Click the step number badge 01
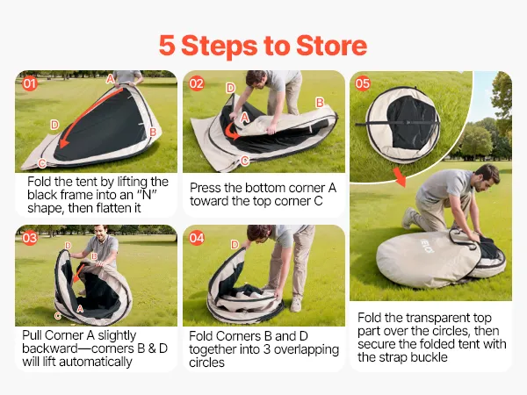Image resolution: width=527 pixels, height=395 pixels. click(x=30, y=83)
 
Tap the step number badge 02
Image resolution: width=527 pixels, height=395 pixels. click(x=197, y=83)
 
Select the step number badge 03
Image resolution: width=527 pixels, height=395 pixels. click(x=30, y=238)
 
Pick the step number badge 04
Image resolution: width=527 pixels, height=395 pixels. click(x=197, y=238)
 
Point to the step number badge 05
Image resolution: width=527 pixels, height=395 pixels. click(x=362, y=83)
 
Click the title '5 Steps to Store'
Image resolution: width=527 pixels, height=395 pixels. click(x=263, y=46)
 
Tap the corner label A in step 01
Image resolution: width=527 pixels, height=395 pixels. click(x=111, y=79)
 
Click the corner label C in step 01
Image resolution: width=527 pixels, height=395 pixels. click(x=42, y=163)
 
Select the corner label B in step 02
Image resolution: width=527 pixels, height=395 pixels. click(x=320, y=103)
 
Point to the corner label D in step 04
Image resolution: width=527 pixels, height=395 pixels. click(x=235, y=245)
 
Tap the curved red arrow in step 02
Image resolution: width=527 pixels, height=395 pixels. click(x=232, y=131)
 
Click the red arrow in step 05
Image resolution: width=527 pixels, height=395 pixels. click(x=400, y=176)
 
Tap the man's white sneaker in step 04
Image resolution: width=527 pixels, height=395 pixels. click(x=296, y=305)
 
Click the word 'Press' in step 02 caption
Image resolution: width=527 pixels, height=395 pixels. click(x=204, y=188)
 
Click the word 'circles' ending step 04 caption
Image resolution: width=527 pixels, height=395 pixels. click(x=206, y=363)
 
